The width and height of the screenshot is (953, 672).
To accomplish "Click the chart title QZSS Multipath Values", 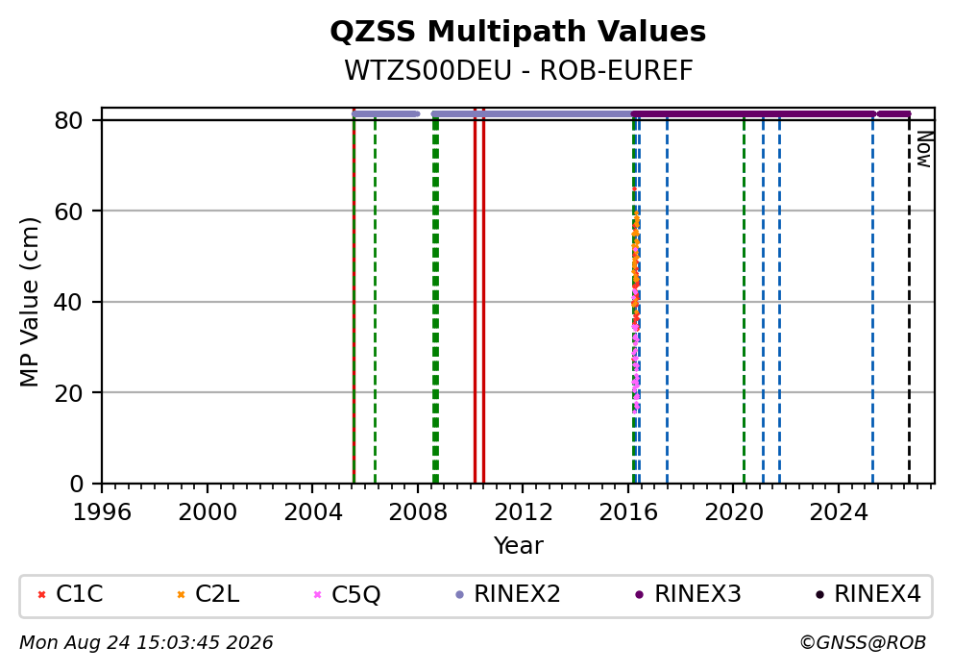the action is point(518,32).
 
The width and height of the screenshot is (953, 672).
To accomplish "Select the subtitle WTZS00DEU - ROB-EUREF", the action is point(519,70).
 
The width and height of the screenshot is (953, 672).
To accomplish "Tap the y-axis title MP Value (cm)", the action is point(29,302).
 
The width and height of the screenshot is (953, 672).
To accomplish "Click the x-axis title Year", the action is point(519,545).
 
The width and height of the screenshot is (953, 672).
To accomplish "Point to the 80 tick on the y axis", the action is point(68,120).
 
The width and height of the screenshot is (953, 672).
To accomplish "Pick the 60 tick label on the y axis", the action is point(68,212).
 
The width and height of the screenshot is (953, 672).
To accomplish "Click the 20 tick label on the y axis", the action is point(68,393).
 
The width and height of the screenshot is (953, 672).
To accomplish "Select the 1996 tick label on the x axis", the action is point(102,512).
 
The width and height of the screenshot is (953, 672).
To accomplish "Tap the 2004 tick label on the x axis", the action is point(312,512).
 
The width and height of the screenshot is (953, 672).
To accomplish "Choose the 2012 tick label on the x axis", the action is point(524,512).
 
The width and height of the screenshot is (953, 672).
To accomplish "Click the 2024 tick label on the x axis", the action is point(839,512).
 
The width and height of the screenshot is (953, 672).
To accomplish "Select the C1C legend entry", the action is point(70,594).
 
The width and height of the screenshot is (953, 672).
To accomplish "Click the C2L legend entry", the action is point(208,594).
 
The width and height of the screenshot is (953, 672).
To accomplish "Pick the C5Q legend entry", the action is point(347,594).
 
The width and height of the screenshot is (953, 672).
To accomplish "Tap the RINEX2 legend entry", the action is point(508,594).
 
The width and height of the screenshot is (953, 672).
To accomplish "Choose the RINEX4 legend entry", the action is point(868,594).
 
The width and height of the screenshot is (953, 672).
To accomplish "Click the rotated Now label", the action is point(924,150).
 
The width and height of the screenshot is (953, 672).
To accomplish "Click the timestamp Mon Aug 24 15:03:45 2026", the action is point(146,643).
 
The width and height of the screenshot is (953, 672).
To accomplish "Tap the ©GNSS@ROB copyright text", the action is point(863,643).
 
